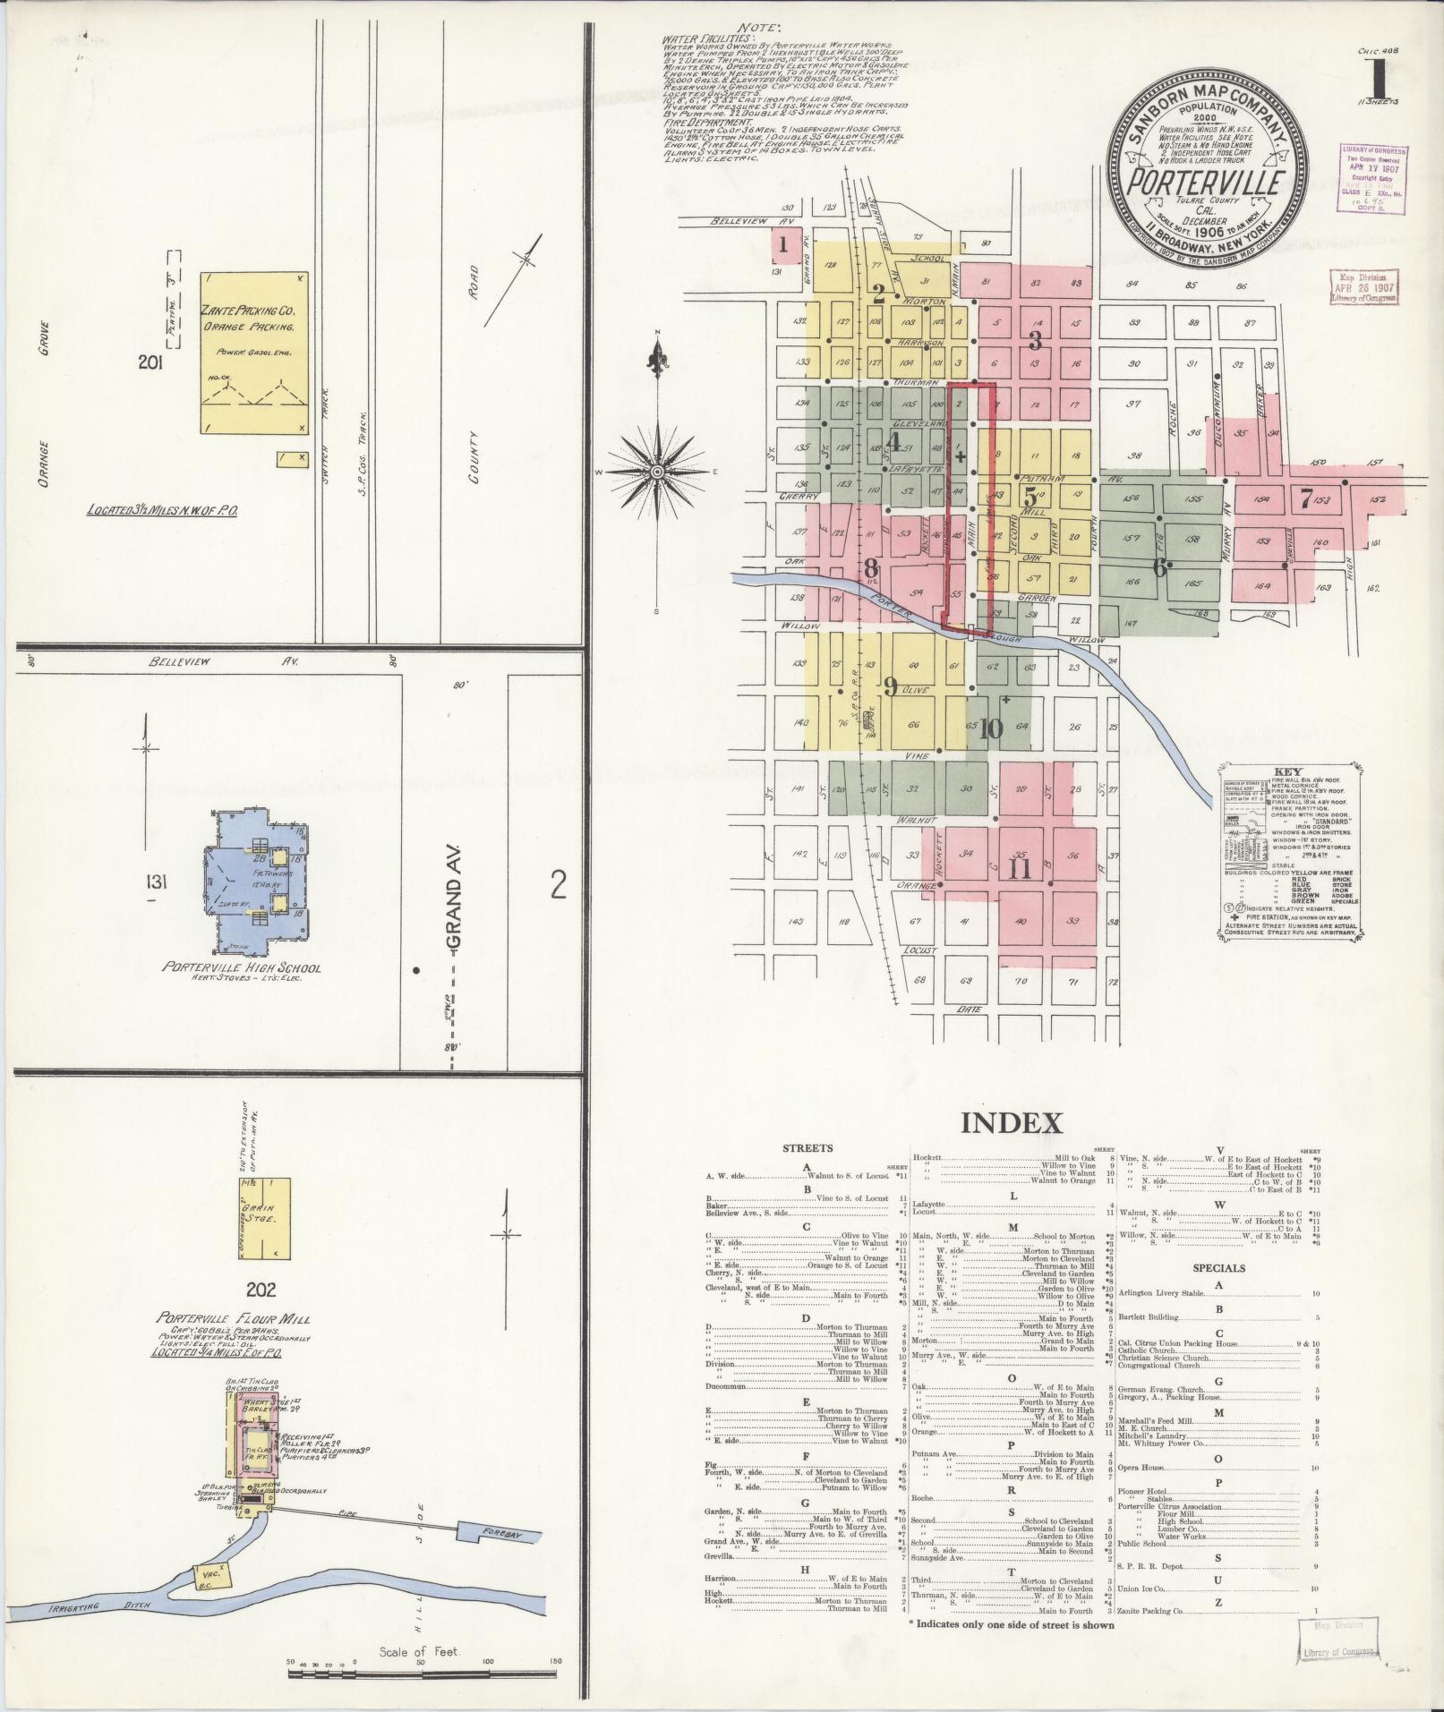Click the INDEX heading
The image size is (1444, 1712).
click(1011, 1123)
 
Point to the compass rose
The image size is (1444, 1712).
click(657, 472)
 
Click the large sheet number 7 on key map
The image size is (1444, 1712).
click(1306, 498)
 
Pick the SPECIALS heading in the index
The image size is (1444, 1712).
click(1218, 1268)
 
